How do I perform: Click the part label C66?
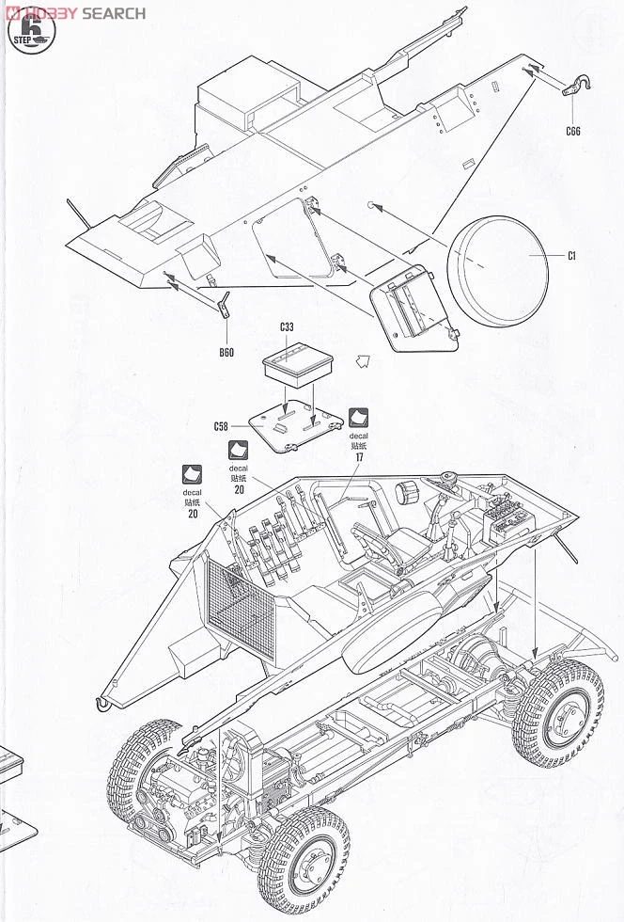tap(573, 132)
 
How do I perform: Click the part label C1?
tap(571, 256)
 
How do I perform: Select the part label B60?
tap(226, 353)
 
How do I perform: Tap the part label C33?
tap(287, 327)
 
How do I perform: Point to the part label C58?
tap(221, 426)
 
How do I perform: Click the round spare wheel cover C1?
tap(498, 268)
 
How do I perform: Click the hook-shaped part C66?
tap(576, 87)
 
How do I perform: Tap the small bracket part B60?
tap(224, 308)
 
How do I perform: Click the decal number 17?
tap(359, 456)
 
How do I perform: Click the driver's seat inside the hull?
tap(395, 546)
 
